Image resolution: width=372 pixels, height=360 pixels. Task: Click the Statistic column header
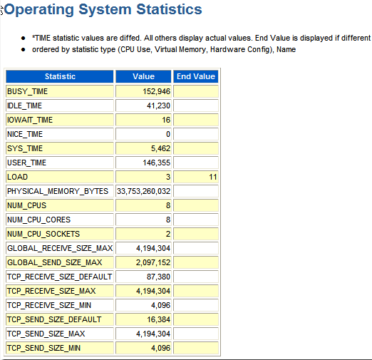tap(60, 76)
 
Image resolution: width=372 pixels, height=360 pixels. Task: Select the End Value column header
tap(196, 76)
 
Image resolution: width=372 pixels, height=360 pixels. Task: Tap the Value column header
tap(143, 76)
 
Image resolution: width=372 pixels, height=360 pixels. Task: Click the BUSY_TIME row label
tap(27, 91)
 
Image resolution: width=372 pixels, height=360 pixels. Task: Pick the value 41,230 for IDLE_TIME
tap(158, 106)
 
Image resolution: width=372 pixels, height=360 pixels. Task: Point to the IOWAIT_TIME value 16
tap(166, 120)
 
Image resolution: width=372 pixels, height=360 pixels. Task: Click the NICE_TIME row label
tap(25, 134)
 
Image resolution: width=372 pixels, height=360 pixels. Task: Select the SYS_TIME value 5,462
tap(160, 148)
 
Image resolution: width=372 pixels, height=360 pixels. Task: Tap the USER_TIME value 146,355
tap(156, 163)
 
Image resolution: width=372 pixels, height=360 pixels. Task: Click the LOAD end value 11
tap(213, 177)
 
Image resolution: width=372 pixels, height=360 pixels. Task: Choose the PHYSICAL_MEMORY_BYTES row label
tap(58, 191)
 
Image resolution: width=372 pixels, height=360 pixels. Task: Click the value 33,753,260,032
tap(143, 191)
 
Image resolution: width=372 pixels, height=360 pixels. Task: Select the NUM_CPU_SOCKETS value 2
tap(168, 234)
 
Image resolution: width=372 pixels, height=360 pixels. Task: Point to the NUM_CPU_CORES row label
tap(38, 220)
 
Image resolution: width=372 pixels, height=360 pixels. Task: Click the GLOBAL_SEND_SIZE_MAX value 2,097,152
tap(153, 262)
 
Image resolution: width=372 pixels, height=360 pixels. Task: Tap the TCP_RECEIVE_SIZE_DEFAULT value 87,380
tap(158, 277)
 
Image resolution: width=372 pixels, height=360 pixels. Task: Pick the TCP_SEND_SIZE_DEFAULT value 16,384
tap(158, 319)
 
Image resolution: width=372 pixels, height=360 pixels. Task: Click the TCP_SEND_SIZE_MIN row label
tap(43, 348)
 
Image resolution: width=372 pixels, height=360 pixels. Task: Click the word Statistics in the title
tap(169, 9)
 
